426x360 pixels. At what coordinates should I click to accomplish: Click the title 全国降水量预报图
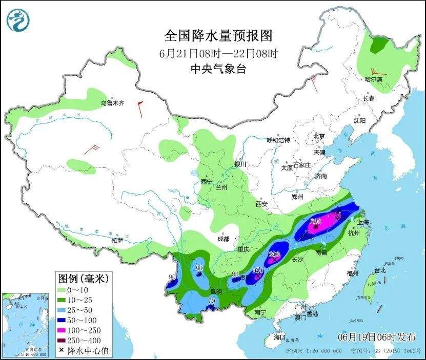pos(218,36)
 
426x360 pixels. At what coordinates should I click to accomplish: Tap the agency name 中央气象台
pos(218,69)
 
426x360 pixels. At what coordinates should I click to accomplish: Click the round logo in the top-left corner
pos(18,19)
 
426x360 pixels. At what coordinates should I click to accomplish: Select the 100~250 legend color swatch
pos(65,330)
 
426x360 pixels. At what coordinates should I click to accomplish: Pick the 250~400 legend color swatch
pos(65,341)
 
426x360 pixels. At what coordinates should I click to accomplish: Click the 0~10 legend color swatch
pos(65,290)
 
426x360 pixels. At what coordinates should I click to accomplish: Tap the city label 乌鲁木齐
pos(112,103)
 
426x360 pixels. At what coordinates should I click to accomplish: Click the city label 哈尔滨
pos(374,79)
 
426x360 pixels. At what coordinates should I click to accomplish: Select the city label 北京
pos(319,136)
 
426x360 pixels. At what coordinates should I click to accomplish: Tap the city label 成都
pos(223,238)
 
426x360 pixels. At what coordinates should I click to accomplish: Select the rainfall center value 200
pos(274,255)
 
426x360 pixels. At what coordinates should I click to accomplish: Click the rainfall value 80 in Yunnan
pos(199,268)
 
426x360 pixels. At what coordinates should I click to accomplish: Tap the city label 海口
pos(279,337)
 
